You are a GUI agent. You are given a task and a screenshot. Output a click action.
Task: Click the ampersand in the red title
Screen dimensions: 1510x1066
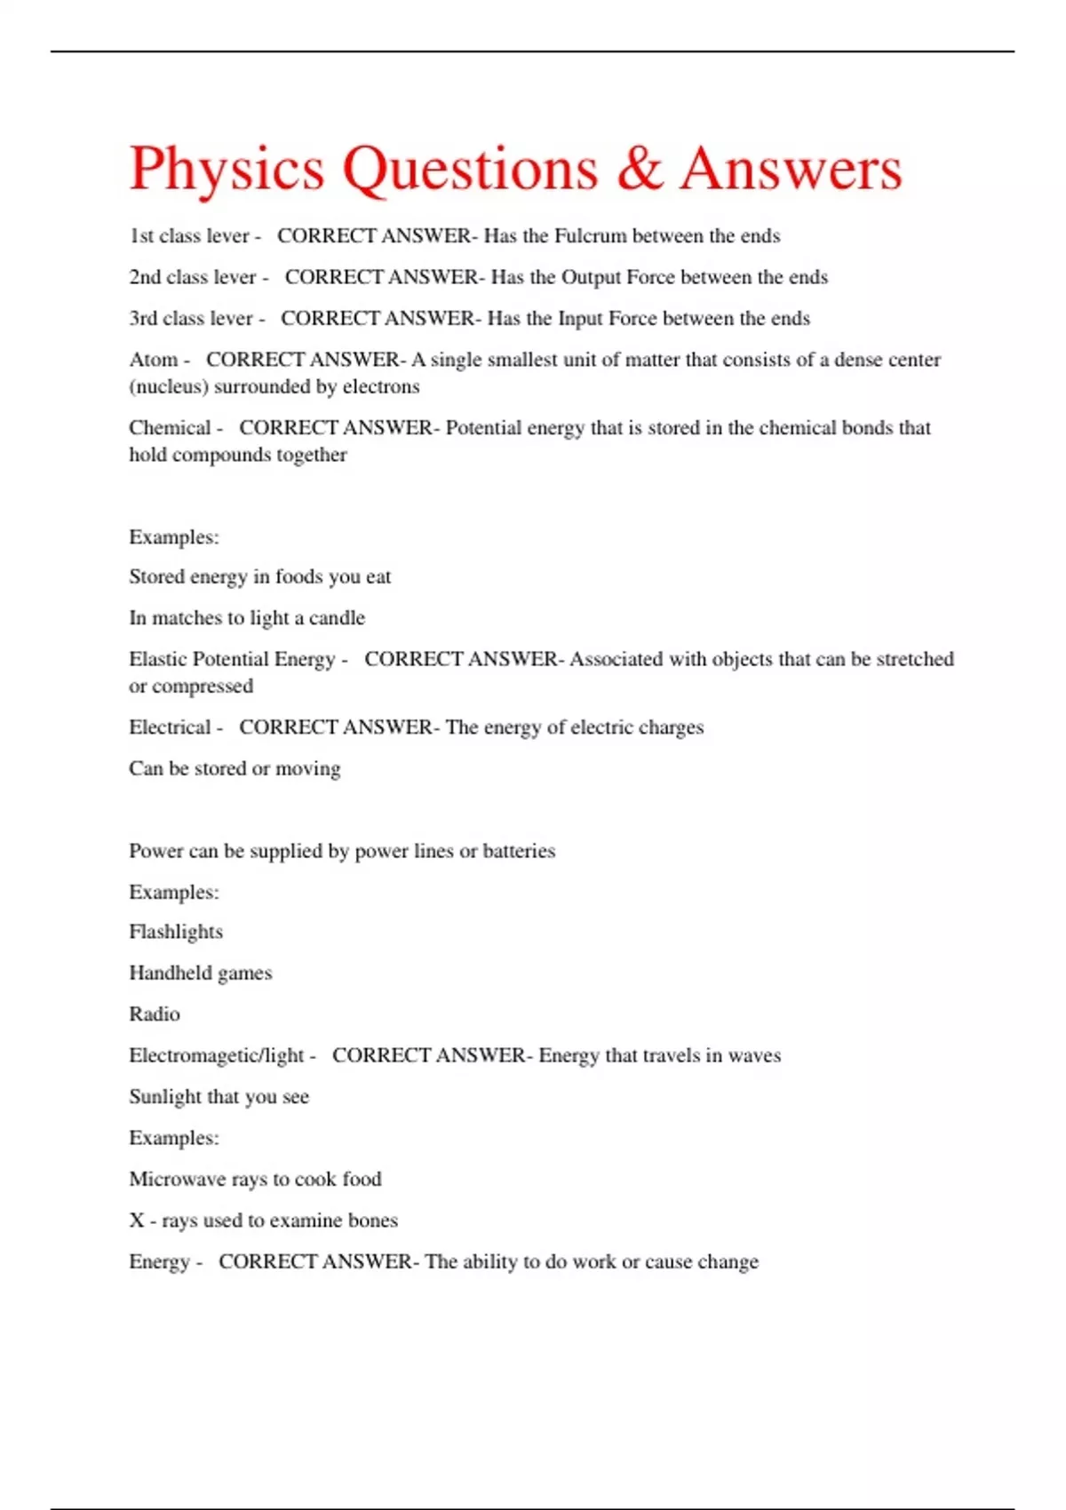pos(640,169)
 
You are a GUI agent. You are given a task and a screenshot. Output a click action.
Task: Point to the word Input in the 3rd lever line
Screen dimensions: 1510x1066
pos(580,319)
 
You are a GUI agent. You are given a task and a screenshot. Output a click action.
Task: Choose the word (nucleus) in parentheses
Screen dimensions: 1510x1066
pos(169,387)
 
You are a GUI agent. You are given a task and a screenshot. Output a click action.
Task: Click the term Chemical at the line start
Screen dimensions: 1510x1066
pos(170,428)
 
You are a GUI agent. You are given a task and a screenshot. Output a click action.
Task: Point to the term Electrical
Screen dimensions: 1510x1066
pos(170,727)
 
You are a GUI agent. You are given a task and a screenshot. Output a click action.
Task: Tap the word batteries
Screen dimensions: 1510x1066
pos(519,851)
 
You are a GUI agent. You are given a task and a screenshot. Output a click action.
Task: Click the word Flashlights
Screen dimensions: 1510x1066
pos(176,932)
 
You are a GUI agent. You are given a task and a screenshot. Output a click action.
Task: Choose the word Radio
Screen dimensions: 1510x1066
pos(155,1014)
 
